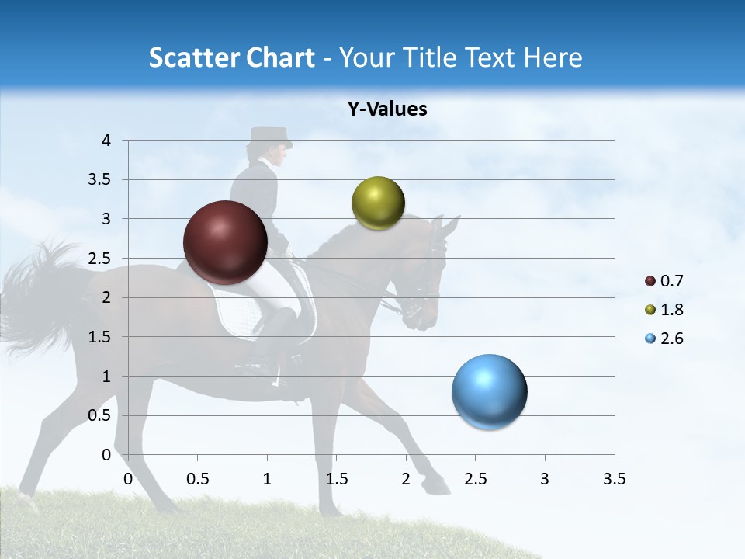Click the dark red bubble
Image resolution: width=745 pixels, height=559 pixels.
[x=225, y=242]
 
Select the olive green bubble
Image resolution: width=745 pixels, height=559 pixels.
[x=378, y=203]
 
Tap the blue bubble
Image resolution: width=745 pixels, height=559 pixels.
[x=489, y=392]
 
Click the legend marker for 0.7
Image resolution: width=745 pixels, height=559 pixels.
[x=650, y=281]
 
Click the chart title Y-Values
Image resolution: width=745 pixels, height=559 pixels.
[x=387, y=109]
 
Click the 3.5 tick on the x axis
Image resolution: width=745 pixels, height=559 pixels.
[x=614, y=479]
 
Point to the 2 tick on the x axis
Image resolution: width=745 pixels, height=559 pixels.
[x=406, y=479]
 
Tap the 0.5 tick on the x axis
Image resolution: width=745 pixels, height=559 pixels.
[x=197, y=479]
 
